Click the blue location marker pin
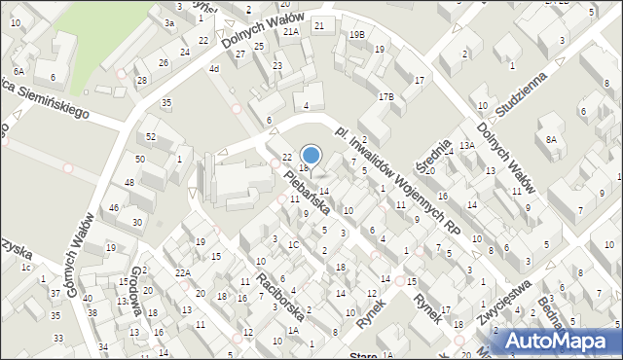pos(311,155)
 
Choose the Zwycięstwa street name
pos(504,304)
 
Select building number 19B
pos(356,35)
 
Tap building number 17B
pos(385,96)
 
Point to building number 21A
pos(290,31)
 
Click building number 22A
pos(182,272)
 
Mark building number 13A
pos(467,145)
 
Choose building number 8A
pos(551,140)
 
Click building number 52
pos(150,136)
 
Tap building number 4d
pos(213,69)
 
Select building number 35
pos(166,102)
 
